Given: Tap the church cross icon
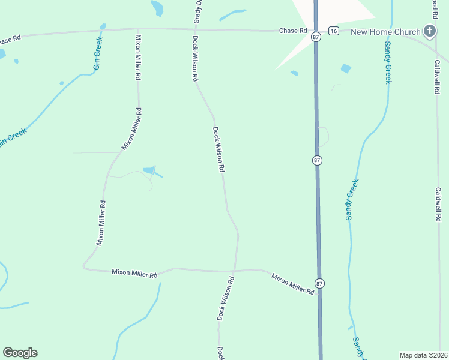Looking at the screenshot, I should click(429, 31).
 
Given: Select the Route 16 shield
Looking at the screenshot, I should click(334, 31).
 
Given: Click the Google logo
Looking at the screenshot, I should click(20, 353).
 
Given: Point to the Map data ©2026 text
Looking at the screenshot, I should click(424, 355).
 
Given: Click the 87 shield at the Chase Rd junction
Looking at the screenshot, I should click(316, 37).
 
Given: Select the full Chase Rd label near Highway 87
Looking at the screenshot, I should click(292, 31).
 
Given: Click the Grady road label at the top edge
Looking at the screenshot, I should click(196, 12).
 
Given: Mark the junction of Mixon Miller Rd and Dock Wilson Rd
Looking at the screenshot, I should click(234, 270).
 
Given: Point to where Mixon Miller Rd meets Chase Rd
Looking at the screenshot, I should click(138, 28).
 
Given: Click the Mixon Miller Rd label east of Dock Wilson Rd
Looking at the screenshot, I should click(292, 284).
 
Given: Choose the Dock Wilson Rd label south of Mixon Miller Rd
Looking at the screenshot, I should click(225, 298).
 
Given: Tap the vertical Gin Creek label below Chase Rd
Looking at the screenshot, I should click(98, 53).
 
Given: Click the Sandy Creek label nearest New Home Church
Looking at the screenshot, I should click(387, 62).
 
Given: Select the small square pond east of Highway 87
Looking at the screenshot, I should click(346, 68).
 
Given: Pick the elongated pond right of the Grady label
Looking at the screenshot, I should click(232, 14).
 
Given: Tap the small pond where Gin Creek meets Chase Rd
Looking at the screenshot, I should click(103, 26).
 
